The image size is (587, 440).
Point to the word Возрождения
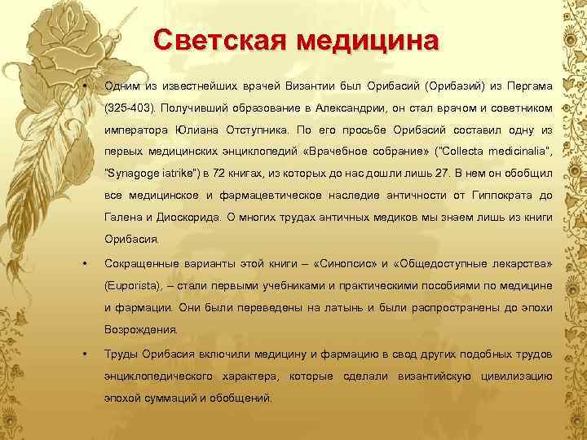click(x=139, y=330)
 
